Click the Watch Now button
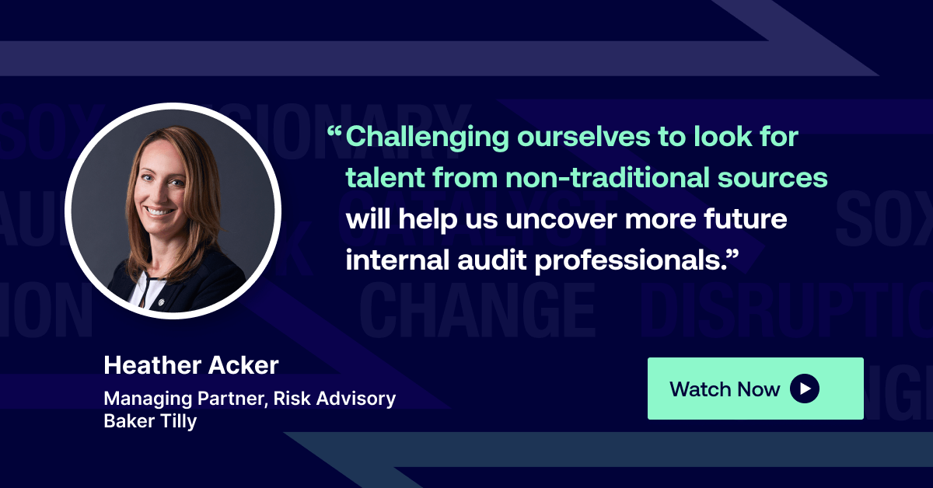coord(754,389)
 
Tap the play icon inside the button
coord(805,389)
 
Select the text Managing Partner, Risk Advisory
coord(250,399)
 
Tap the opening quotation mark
coord(335,133)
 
